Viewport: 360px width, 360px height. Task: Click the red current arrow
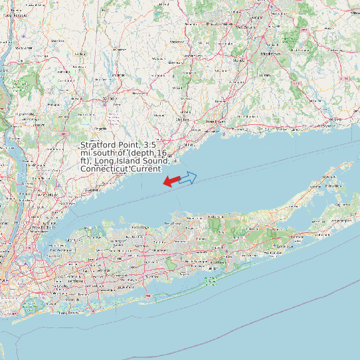tap(171, 181)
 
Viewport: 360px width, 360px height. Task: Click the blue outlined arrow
tap(188, 177)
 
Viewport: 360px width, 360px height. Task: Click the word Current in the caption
tap(145, 169)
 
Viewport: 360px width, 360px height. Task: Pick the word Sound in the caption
tap(145, 161)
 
